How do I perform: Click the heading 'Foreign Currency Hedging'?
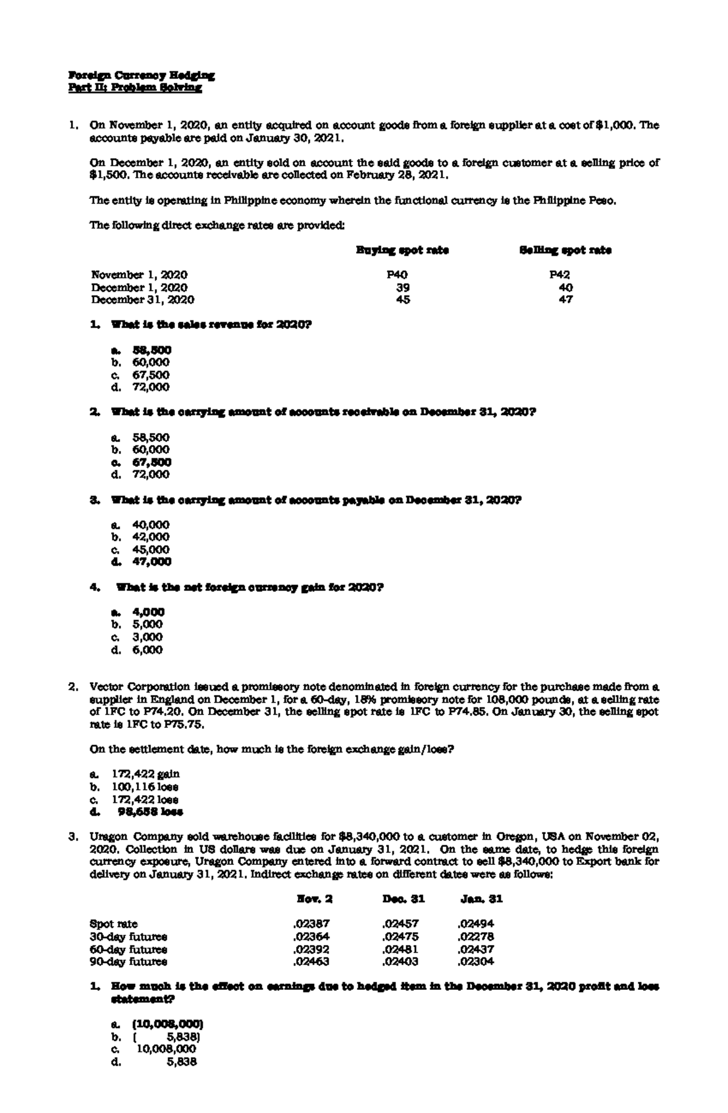(x=141, y=76)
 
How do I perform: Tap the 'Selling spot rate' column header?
(x=565, y=250)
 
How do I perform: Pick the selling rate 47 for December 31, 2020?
(x=565, y=300)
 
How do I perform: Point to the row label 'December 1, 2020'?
(x=139, y=287)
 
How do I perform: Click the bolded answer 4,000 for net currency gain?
(x=149, y=612)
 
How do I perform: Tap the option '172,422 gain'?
(x=145, y=774)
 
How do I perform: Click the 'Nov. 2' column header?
(x=314, y=899)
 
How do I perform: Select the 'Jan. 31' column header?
(x=482, y=899)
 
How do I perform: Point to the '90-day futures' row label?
(x=128, y=961)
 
